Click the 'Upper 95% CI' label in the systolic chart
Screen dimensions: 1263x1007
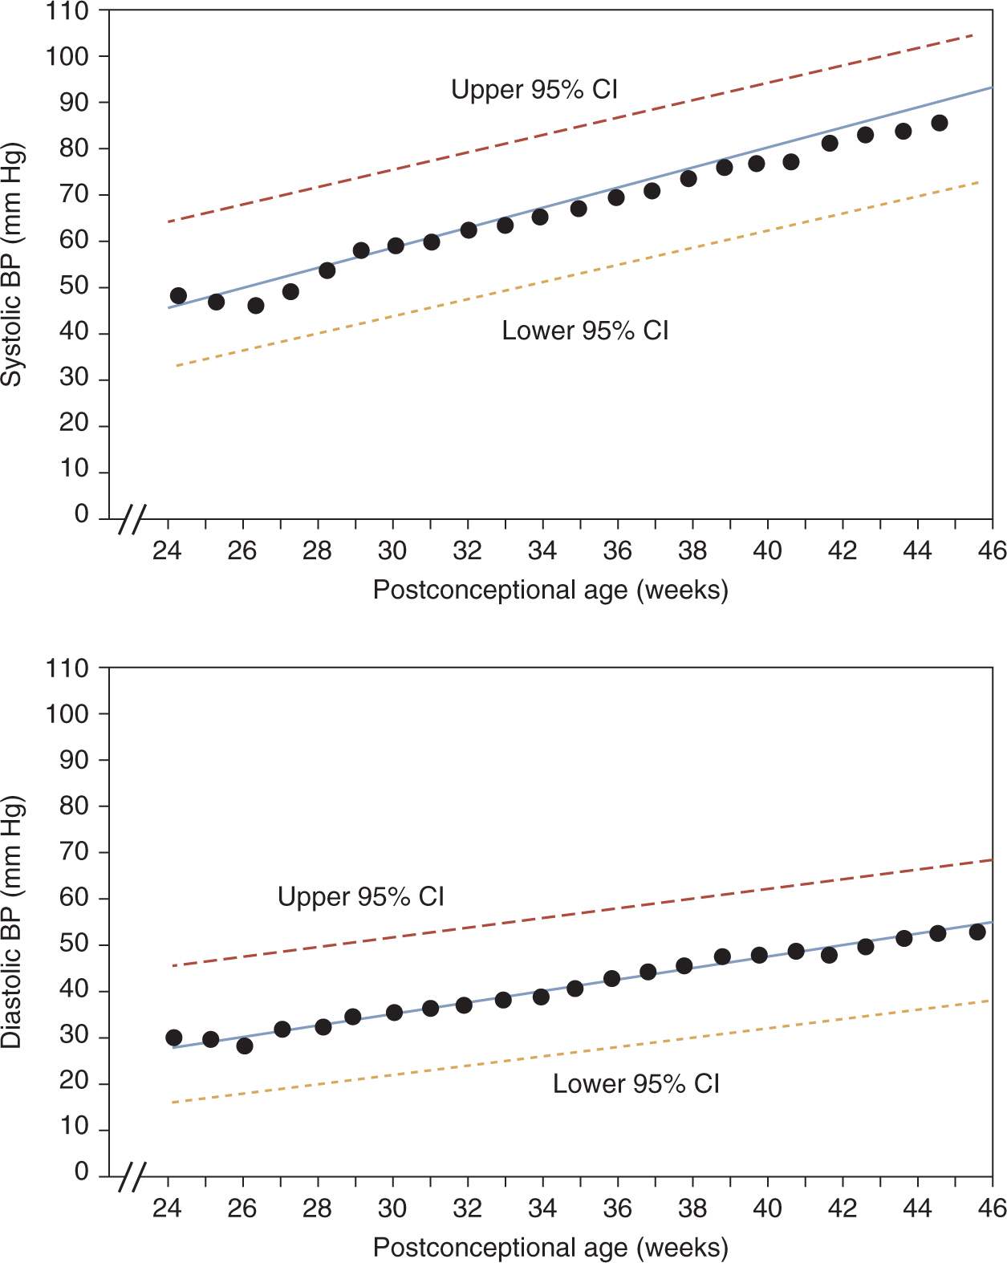tap(534, 90)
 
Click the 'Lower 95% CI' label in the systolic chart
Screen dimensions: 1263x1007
tap(585, 331)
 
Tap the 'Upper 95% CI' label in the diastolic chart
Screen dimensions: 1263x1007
tap(360, 896)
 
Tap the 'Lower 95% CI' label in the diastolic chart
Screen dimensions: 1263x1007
tap(635, 1084)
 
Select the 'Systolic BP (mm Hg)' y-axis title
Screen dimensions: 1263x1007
tap(12, 265)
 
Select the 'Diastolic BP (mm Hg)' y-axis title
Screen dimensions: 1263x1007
tap(12, 922)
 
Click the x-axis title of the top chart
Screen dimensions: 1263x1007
tap(550, 591)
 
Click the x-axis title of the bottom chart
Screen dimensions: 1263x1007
tap(550, 1248)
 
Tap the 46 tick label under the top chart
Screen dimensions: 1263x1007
tap(992, 551)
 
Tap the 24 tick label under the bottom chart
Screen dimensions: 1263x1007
tap(167, 1208)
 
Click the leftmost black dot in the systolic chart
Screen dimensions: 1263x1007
tap(178, 295)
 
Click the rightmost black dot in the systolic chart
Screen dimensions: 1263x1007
tap(940, 123)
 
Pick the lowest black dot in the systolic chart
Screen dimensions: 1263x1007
tap(256, 306)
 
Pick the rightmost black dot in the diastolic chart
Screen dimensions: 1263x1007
tap(977, 932)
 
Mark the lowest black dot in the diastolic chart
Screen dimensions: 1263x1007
tap(245, 1046)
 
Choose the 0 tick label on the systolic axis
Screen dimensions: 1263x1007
tap(81, 514)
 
